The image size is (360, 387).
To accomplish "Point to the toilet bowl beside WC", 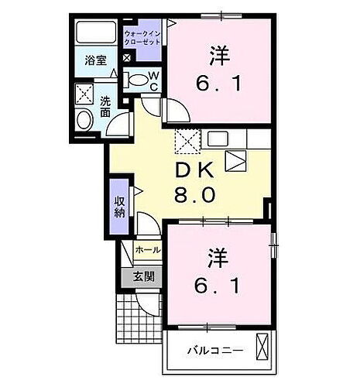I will click(138, 78).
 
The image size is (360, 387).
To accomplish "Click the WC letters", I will click(154, 80).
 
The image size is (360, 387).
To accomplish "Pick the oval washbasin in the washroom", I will click(84, 120).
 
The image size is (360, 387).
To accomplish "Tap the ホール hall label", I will click(148, 250).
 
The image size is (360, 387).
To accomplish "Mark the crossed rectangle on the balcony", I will click(264, 347).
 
